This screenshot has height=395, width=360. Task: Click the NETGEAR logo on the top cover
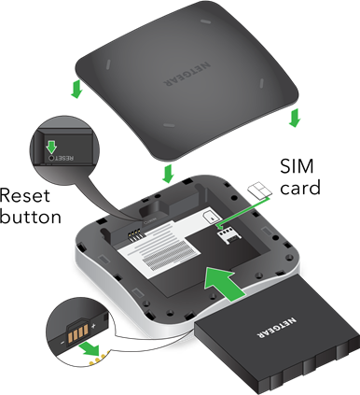coord(187,74)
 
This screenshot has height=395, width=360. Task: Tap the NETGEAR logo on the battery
coord(277,328)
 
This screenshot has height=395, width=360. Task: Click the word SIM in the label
coord(297,166)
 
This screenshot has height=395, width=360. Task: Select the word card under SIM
coord(300,188)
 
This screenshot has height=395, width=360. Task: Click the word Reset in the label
coord(25,196)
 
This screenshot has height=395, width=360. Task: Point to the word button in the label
coord(31,217)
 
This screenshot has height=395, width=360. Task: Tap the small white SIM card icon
coord(260,190)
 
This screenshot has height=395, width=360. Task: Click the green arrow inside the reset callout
coord(51,147)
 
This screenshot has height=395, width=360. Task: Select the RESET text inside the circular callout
coord(65,158)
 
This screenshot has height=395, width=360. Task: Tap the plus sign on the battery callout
coord(94,326)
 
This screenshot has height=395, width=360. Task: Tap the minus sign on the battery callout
coord(62,343)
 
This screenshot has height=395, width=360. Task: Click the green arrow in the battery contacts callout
coord(90,350)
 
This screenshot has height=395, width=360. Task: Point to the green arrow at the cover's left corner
coord(76,89)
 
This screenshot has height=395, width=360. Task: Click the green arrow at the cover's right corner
coord(295,118)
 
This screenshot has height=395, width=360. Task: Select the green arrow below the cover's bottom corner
coord(168,174)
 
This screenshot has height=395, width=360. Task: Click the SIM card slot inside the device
coord(229,235)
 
